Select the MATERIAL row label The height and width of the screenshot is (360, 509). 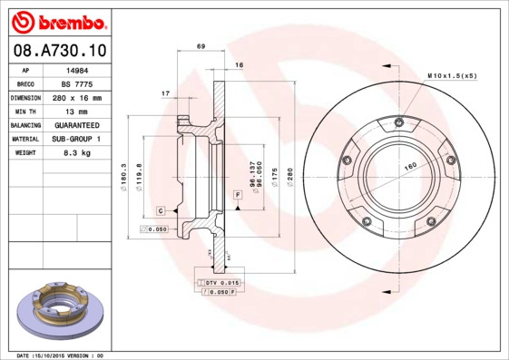click(24, 139)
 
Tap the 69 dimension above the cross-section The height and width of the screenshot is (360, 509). click(201, 46)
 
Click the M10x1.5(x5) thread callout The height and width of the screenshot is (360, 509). click(451, 75)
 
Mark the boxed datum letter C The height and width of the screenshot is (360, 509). click(161, 210)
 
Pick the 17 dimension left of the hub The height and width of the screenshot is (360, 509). click(165, 93)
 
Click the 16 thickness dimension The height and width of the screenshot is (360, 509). click(240, 66)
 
